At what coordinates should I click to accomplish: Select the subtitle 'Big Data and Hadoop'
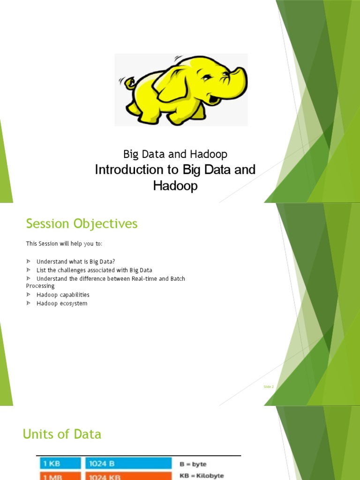point(175,154)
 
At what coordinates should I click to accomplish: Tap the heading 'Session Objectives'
point(82,224)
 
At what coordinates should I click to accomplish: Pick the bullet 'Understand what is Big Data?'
point(75,261)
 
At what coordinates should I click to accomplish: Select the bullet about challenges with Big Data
point(94,270)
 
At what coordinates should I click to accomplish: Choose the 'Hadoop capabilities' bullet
point(63,295)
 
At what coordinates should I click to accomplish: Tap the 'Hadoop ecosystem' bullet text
point(62,303)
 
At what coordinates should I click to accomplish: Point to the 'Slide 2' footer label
point(269,387)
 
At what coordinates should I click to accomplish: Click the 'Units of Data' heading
point(62,434)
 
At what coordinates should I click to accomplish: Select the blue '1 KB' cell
point(59,464)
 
